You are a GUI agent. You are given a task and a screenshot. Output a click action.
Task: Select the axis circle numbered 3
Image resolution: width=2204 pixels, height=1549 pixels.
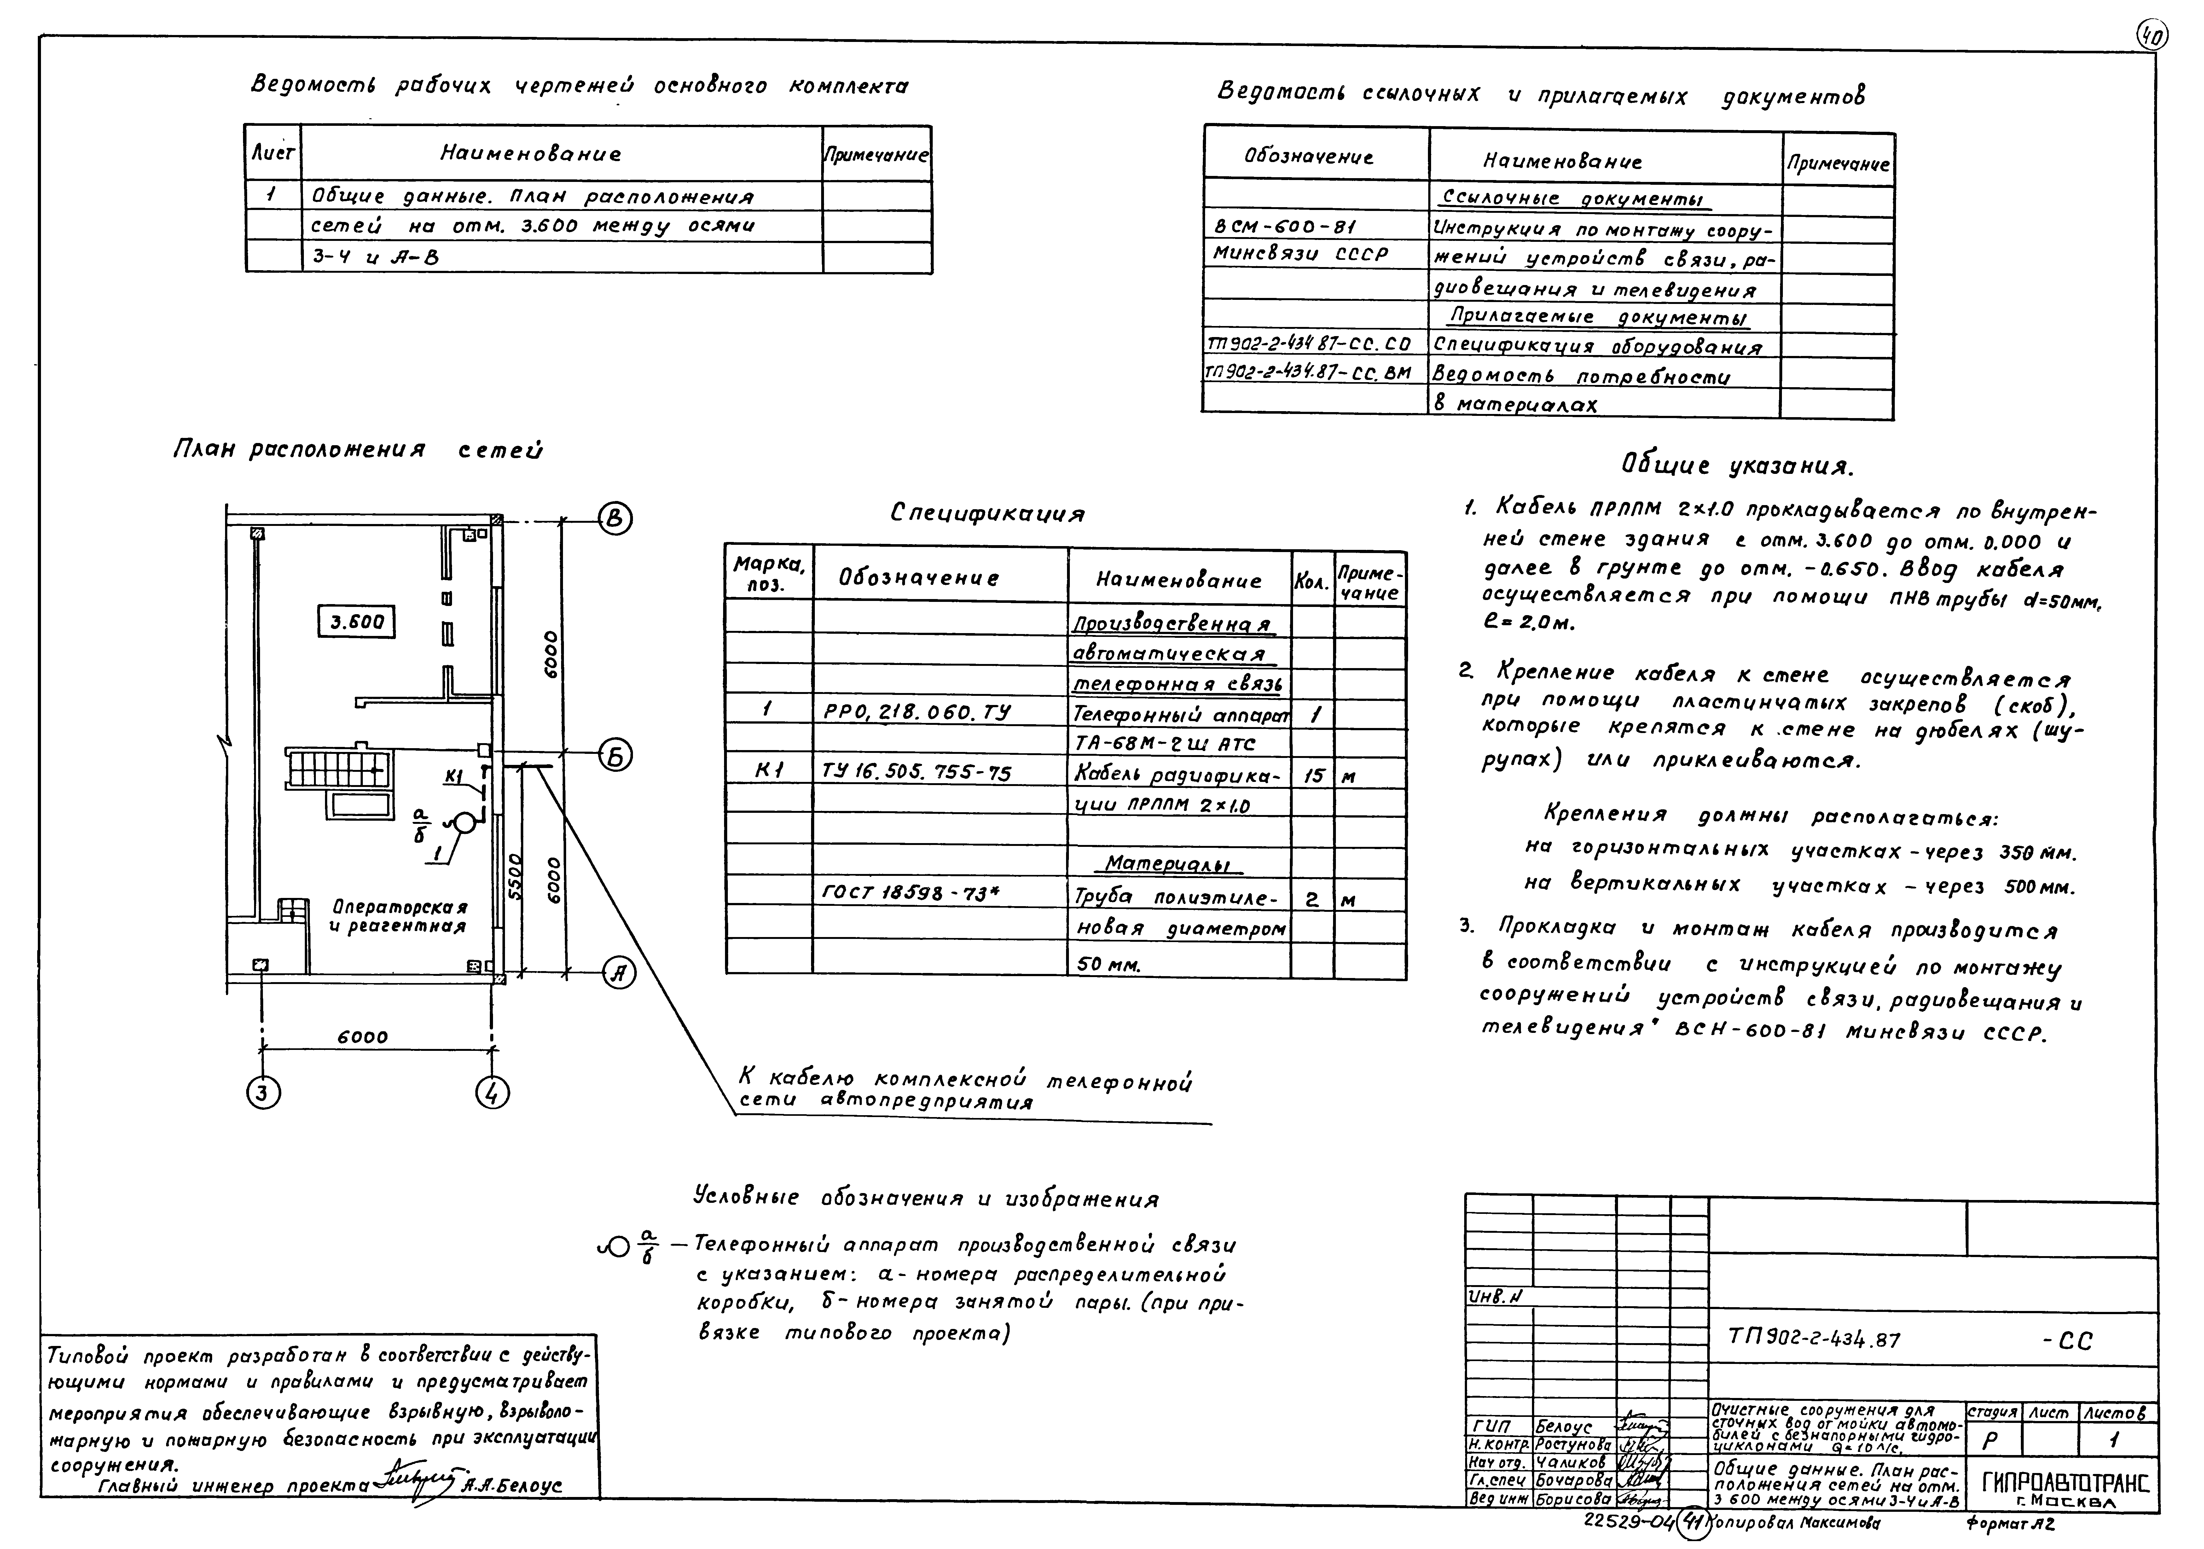pos(263,1093)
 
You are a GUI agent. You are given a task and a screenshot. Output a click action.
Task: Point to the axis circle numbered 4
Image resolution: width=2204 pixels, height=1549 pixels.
pos(492,1093)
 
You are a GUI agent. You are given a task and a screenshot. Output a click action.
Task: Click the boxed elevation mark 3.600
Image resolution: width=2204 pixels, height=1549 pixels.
pos(356,622)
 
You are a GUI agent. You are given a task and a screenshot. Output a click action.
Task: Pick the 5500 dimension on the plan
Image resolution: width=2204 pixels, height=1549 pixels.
pos(513,876)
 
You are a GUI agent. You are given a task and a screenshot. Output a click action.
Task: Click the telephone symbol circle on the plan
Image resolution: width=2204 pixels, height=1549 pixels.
pos(463,823)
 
